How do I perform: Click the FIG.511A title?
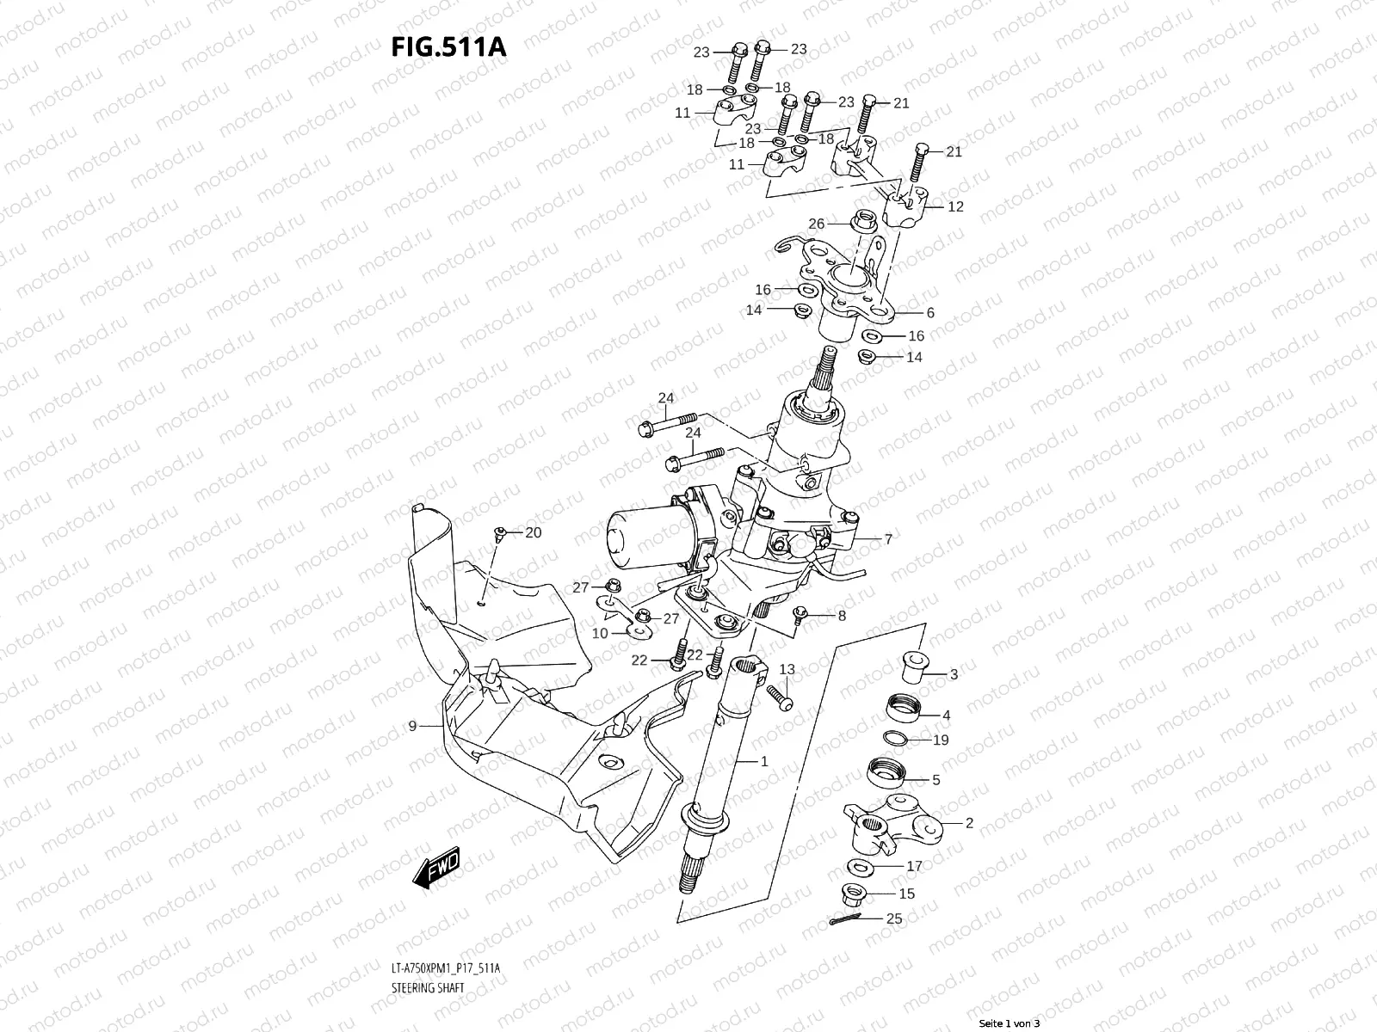click(x=448, y=46)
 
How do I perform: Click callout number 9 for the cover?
click(x=412, y=726)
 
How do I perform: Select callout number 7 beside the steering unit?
click(x=888, y=539)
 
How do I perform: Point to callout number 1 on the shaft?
click(x=763, y=761)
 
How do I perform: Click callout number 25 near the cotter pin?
click(x=894, y=918)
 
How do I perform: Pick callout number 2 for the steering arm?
click(x=969, y=823)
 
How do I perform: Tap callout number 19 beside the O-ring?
click(x=941, y=740)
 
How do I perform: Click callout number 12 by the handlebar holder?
click(x=955, y=206)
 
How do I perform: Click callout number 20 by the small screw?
click(x=533, y=532)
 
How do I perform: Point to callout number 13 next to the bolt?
click(x=787, y=669)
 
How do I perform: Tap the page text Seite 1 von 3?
click(x=1010, y=1023)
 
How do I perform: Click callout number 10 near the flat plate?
click(x=600, y=633)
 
